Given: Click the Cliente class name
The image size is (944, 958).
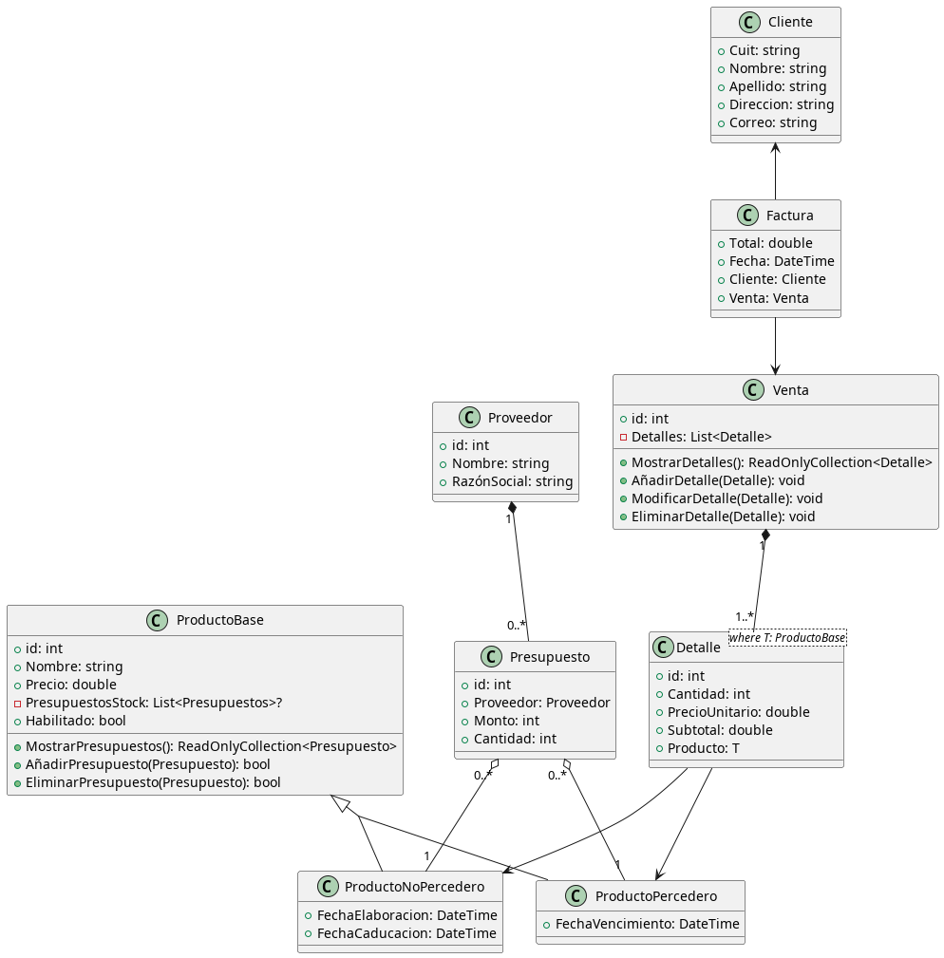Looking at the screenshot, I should click(789, 23).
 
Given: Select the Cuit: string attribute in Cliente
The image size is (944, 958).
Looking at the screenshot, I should click(764, 50).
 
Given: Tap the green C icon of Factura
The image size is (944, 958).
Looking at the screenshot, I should click(747, 216).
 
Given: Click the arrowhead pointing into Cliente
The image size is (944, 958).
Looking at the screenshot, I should click(775, 148).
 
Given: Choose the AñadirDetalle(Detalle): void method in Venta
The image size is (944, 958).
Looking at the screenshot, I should click(717, 480).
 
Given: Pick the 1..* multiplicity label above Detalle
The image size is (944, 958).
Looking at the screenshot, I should click(745, 617).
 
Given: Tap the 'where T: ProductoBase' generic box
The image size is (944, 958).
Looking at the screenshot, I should click(786, 637).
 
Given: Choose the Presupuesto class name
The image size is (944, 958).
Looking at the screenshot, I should click(550, 657).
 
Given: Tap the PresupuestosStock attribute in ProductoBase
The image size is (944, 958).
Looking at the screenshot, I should click(153, 703).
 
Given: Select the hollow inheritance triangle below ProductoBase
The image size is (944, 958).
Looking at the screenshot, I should click(338, 803).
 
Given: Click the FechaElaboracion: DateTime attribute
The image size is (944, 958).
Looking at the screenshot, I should click(400, 915).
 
